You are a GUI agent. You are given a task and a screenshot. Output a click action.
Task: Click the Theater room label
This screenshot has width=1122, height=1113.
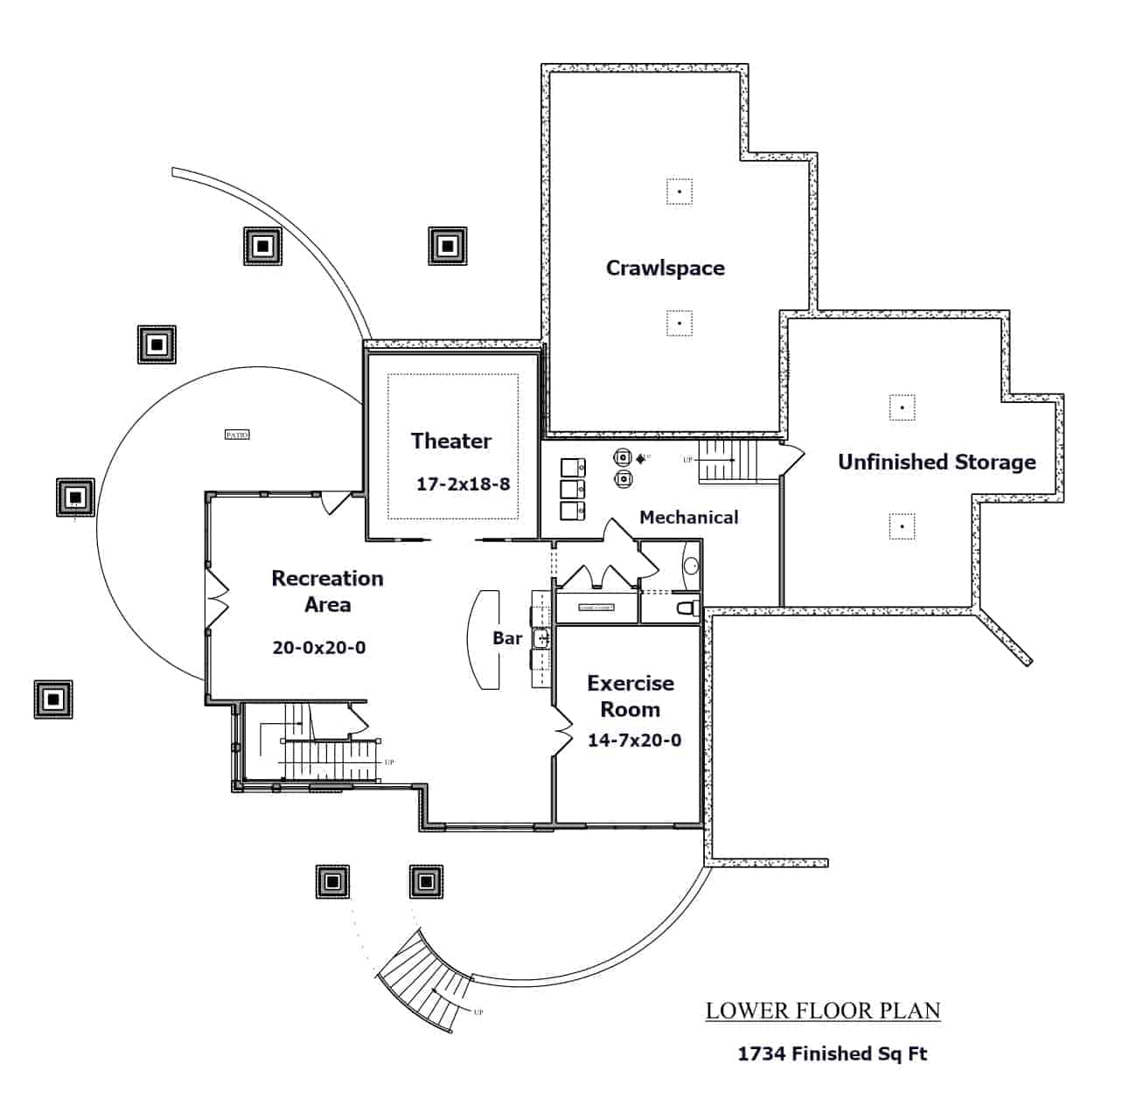(x=451, y=441)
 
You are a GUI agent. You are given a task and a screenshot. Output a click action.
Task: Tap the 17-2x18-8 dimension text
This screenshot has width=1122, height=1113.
(x=463, y=483)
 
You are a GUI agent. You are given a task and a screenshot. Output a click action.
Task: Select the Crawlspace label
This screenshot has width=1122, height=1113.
(x=665, y=268)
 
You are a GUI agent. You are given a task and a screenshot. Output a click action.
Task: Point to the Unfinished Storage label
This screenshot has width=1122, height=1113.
(x=937, y=462)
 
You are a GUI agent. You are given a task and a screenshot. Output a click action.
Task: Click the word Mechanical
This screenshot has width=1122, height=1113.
(x=688, y=518)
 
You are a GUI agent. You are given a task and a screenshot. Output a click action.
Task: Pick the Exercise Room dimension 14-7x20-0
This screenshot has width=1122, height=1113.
(x=634, y=741)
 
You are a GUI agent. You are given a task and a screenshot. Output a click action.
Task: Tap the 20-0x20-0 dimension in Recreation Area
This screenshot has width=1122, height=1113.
(x=319, y=648)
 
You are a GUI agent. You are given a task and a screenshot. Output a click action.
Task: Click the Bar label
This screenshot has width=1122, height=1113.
(x=507, y=638)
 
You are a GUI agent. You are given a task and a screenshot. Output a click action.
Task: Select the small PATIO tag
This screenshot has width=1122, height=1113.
(x=237, y=435)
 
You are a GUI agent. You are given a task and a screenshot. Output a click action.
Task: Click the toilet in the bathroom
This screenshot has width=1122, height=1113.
(x=686, y=606)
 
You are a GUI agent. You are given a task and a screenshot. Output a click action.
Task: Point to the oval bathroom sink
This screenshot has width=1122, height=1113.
(x=691, y=565)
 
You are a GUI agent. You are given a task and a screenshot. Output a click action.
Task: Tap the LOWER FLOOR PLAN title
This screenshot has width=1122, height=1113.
(x=823, y=1012)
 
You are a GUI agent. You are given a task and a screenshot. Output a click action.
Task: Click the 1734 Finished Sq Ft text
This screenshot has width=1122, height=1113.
(x=832, y=1054)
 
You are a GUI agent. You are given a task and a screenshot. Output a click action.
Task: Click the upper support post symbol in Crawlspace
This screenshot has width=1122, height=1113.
(x=679, y=191)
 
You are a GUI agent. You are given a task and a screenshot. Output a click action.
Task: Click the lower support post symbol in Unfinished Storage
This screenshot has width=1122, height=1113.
(x=902, y=526)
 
